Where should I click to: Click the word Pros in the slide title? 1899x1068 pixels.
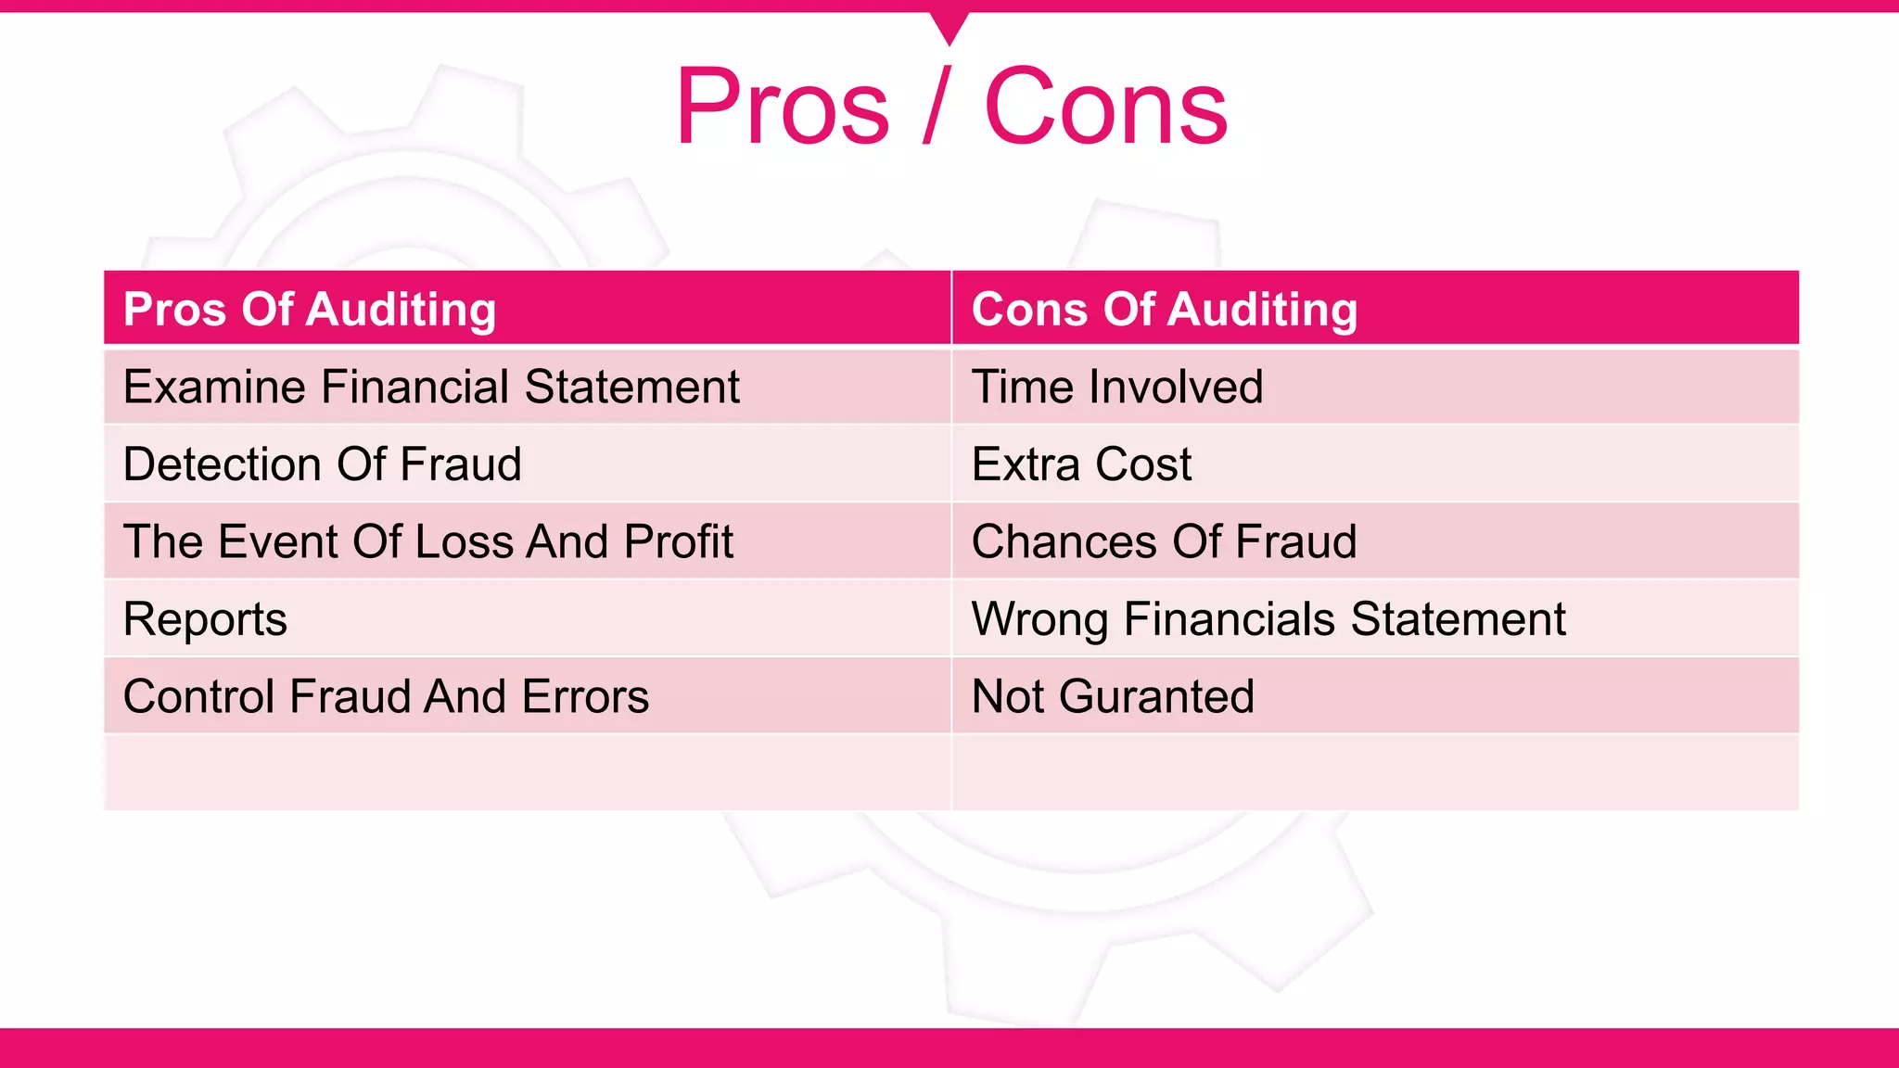(783, 108)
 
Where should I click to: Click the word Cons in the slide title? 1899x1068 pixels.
(1105, 108)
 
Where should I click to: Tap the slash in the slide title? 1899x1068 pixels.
(937, 108)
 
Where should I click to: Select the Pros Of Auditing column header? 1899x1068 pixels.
(310, 309)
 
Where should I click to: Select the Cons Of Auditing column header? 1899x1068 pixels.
(1164, 309)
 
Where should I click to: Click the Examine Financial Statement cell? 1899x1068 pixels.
(431, 387)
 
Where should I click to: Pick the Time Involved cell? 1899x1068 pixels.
(1116, 387)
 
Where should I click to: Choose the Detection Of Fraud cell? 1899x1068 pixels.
(322, 464)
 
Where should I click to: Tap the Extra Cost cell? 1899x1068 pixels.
(1081, 464)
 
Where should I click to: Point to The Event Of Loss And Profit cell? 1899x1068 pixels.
(427, 541)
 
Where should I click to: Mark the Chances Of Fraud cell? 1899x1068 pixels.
(1164, 541)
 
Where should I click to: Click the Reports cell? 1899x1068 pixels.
(205, 619)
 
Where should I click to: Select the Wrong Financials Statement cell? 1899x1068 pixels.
(1268, 619)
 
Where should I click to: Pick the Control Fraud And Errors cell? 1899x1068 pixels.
(386, 696)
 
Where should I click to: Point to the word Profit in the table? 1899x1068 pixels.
(678, 541)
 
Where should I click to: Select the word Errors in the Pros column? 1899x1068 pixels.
(585, 696)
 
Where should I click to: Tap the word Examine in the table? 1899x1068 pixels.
(214, 387)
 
